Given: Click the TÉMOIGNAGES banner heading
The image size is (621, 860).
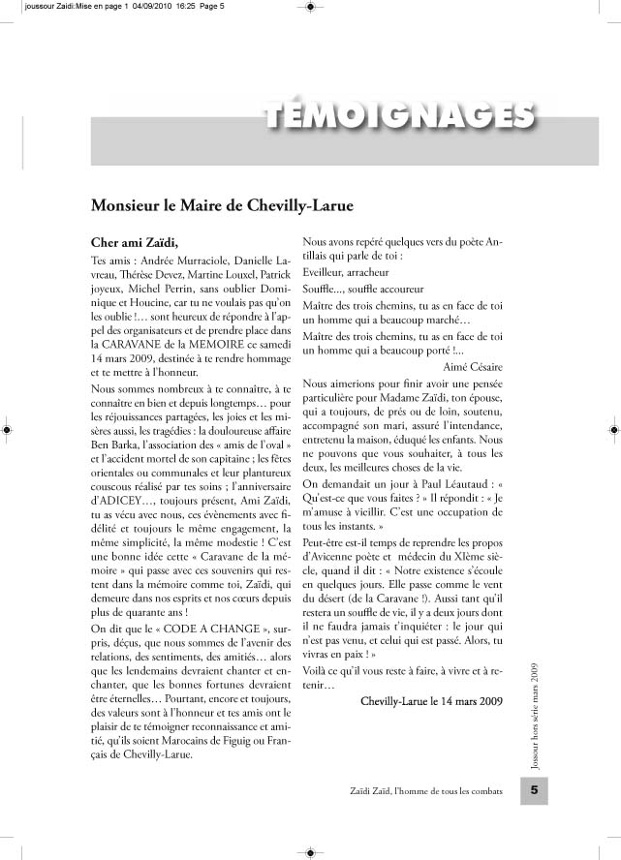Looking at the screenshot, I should pyautogui.click(x=398, y=115).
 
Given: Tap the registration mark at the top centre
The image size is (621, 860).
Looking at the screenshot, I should pyautogui.click(x=309, y=7).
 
